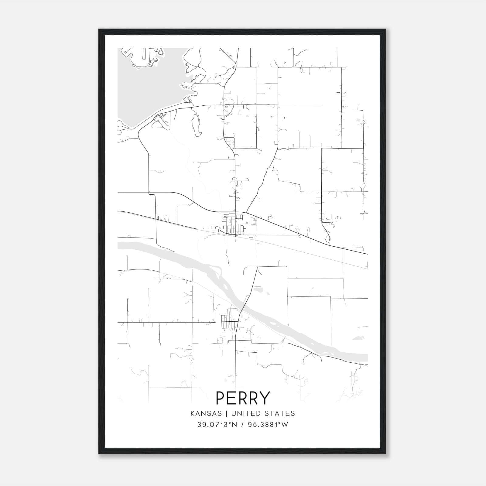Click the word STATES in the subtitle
(x=282, y=413)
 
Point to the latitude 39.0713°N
(x=217, y=425)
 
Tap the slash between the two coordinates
(x=242, y=425)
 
